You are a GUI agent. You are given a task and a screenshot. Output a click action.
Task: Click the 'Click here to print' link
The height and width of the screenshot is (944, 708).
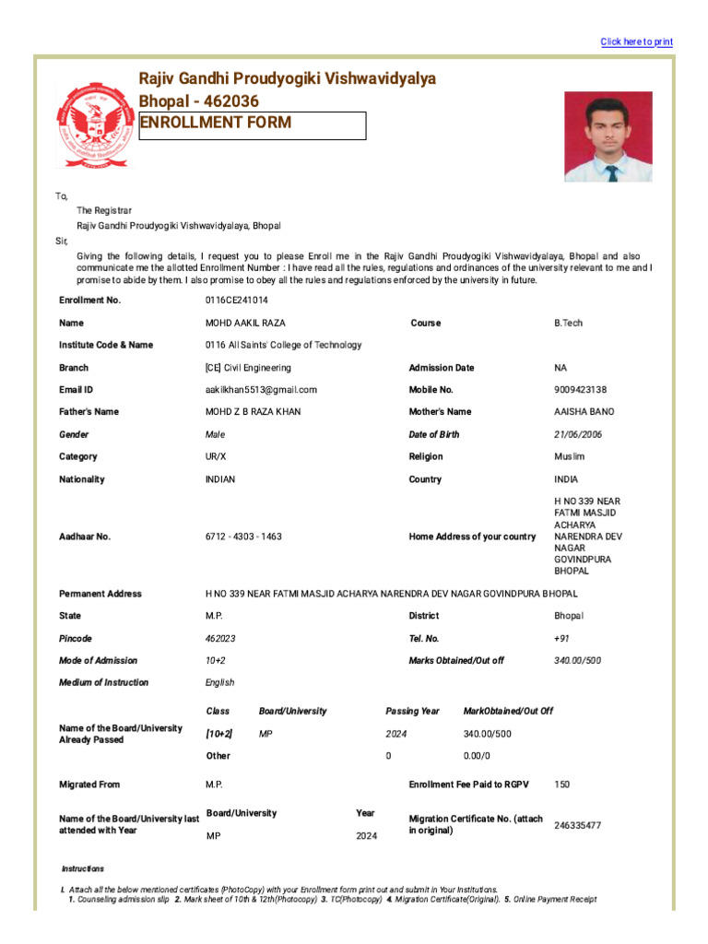[636, 41]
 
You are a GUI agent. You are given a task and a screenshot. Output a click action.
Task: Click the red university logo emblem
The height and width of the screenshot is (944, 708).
[93, 125]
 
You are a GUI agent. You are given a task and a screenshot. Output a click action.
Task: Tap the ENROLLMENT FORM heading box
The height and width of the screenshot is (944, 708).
[252, 124]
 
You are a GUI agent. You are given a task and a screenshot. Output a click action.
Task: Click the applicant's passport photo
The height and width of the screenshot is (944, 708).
[608, 136]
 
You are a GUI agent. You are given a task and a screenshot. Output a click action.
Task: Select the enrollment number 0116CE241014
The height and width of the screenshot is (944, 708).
[237, 301]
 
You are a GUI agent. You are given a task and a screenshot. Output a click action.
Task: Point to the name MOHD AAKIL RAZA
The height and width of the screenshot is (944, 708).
[245, 323]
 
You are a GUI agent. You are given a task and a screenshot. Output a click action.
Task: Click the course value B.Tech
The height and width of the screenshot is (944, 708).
[568, 323]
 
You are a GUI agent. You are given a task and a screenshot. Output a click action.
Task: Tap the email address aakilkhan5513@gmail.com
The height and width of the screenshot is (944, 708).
[261, 390]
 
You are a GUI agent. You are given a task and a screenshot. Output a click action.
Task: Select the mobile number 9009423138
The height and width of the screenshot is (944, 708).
[580, 390]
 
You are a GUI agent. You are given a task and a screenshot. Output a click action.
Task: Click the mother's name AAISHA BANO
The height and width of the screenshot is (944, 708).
[584, 412]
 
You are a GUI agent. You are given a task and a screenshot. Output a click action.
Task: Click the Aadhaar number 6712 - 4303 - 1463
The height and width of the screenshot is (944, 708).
[243, 537]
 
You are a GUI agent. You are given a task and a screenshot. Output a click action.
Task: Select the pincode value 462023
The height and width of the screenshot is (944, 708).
[220, 638]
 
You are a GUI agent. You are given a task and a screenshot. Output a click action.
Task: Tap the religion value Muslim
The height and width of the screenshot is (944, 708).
[569, 456]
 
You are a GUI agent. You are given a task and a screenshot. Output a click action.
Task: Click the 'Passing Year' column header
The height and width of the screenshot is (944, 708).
[412, 711]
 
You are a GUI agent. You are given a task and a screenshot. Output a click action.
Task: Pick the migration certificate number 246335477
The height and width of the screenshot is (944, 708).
[577, 825]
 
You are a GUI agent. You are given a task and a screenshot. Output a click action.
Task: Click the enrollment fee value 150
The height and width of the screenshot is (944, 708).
[562, 785]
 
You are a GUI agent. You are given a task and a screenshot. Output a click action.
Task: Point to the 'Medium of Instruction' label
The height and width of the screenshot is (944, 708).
[103, 682]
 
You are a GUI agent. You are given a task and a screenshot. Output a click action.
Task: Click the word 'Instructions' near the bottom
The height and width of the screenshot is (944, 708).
[83, 868]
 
